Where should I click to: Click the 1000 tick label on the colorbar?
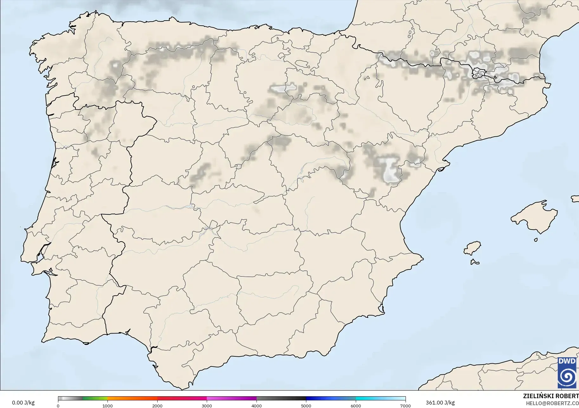107,405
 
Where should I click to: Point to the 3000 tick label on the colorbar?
207,405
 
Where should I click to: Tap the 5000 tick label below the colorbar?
306,405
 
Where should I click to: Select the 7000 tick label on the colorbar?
405,405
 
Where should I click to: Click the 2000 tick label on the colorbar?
157,405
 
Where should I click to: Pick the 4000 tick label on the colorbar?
257,405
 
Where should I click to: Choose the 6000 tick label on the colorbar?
356,405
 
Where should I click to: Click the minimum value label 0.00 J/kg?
23,403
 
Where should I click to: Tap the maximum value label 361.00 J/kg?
440,403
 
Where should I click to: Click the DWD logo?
567,372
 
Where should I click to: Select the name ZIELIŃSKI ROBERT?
551,396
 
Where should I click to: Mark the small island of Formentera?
474,262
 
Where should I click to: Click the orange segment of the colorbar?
132,398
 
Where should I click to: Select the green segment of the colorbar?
95,398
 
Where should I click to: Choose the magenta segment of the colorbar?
231,398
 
